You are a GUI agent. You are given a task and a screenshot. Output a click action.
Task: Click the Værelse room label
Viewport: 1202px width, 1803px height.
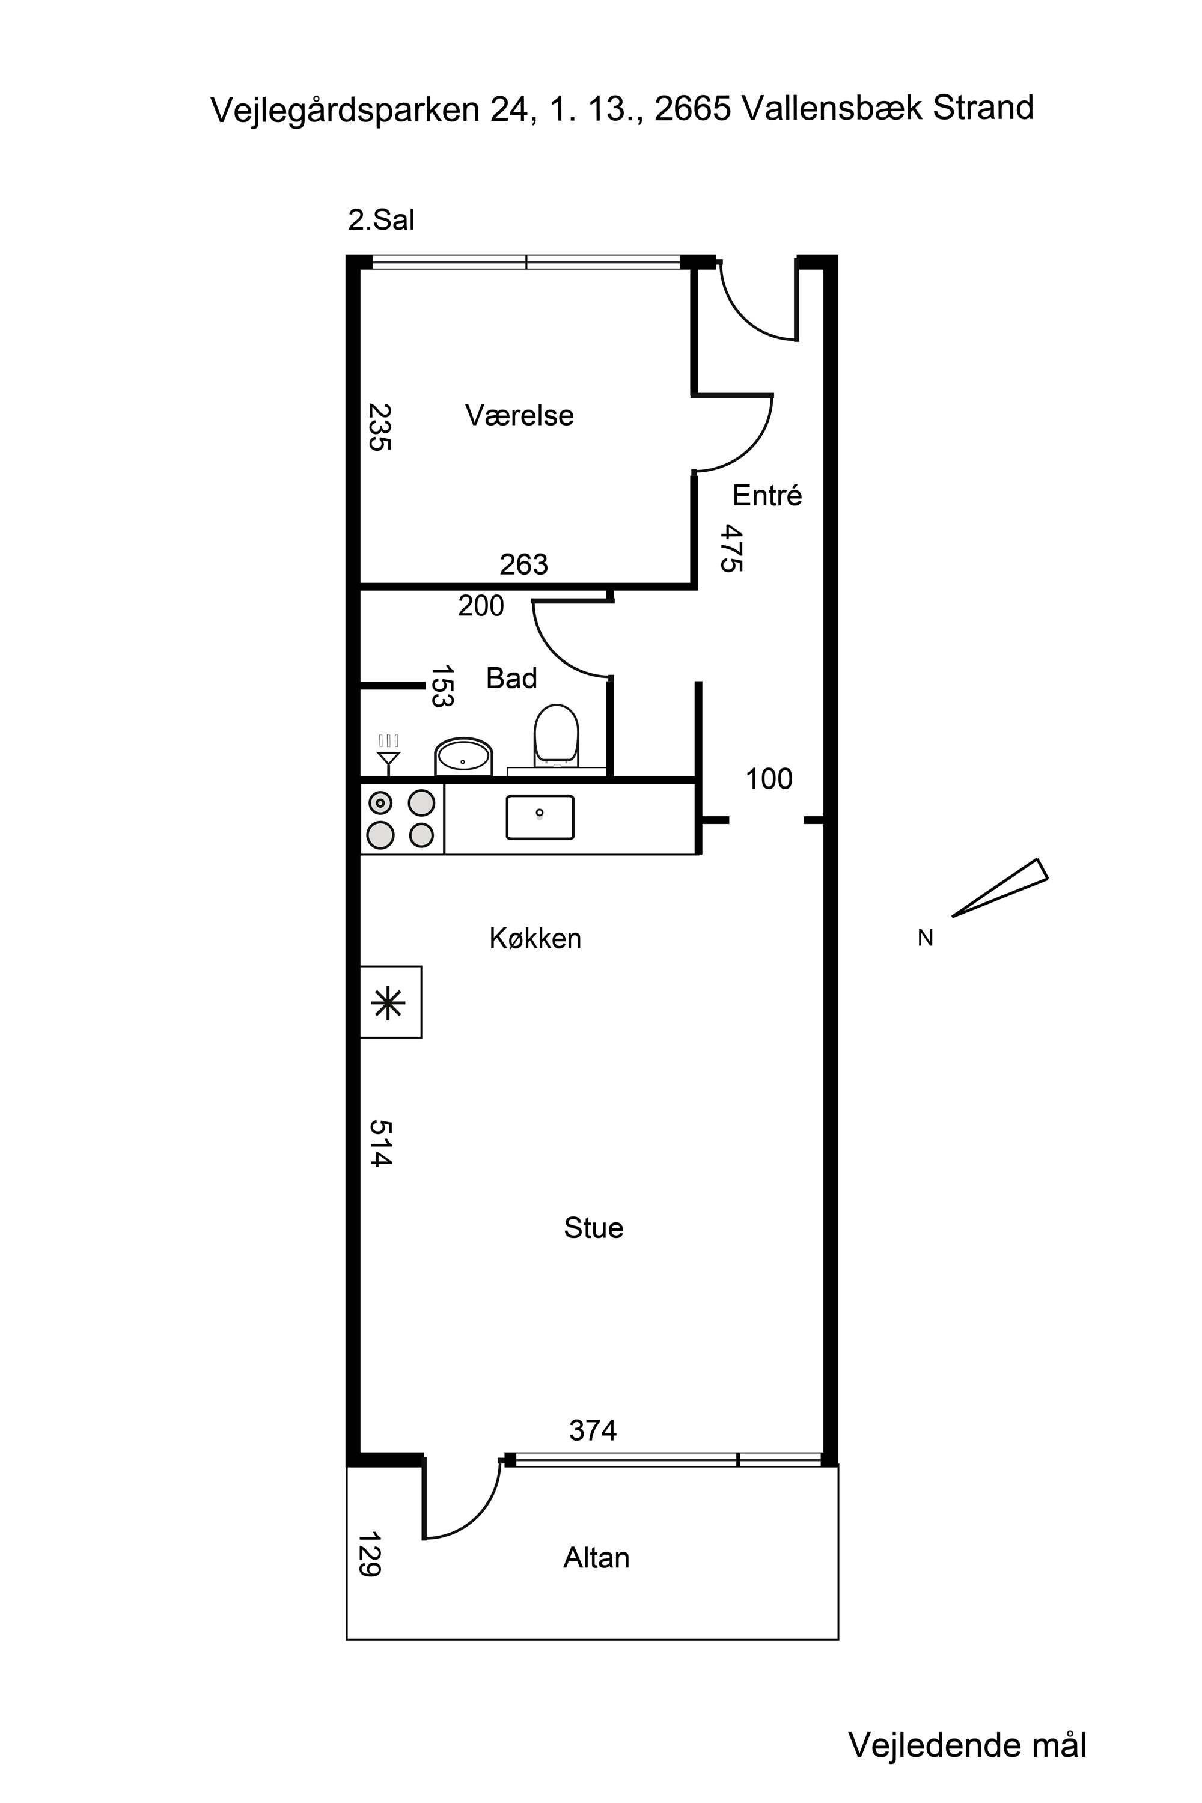click(x=519, y=415)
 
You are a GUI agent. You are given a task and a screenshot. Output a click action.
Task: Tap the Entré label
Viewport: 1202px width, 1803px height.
click(x=767, y=495)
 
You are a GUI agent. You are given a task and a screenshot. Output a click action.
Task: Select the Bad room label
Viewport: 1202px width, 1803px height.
click(x=511, y=678)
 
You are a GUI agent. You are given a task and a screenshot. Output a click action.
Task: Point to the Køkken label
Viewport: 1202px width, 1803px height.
click(x=535, y=938)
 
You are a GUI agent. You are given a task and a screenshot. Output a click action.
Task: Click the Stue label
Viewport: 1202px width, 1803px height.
click(x=593, y=1228)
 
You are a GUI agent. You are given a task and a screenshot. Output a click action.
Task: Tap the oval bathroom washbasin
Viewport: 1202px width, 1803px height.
click(x=463, y=756)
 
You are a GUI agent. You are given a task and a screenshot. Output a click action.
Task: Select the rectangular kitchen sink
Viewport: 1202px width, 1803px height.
click(x=540, y=817)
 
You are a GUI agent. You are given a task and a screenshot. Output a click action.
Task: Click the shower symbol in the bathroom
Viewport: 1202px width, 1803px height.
click(x=389, y=753)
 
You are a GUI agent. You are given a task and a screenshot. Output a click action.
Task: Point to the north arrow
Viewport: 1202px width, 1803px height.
click(x=999, y=888)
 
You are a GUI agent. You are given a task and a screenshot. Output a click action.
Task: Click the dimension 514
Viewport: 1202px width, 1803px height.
click(x=381, y=1143)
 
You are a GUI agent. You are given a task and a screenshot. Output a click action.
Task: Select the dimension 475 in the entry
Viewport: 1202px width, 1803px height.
click(x=731, y=548)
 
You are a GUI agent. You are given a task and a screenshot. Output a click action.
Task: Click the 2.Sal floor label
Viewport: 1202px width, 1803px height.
click(x=381, y=220)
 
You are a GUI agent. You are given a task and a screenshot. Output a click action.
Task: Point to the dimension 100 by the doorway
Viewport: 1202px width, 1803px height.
click(x=769, y=779)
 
